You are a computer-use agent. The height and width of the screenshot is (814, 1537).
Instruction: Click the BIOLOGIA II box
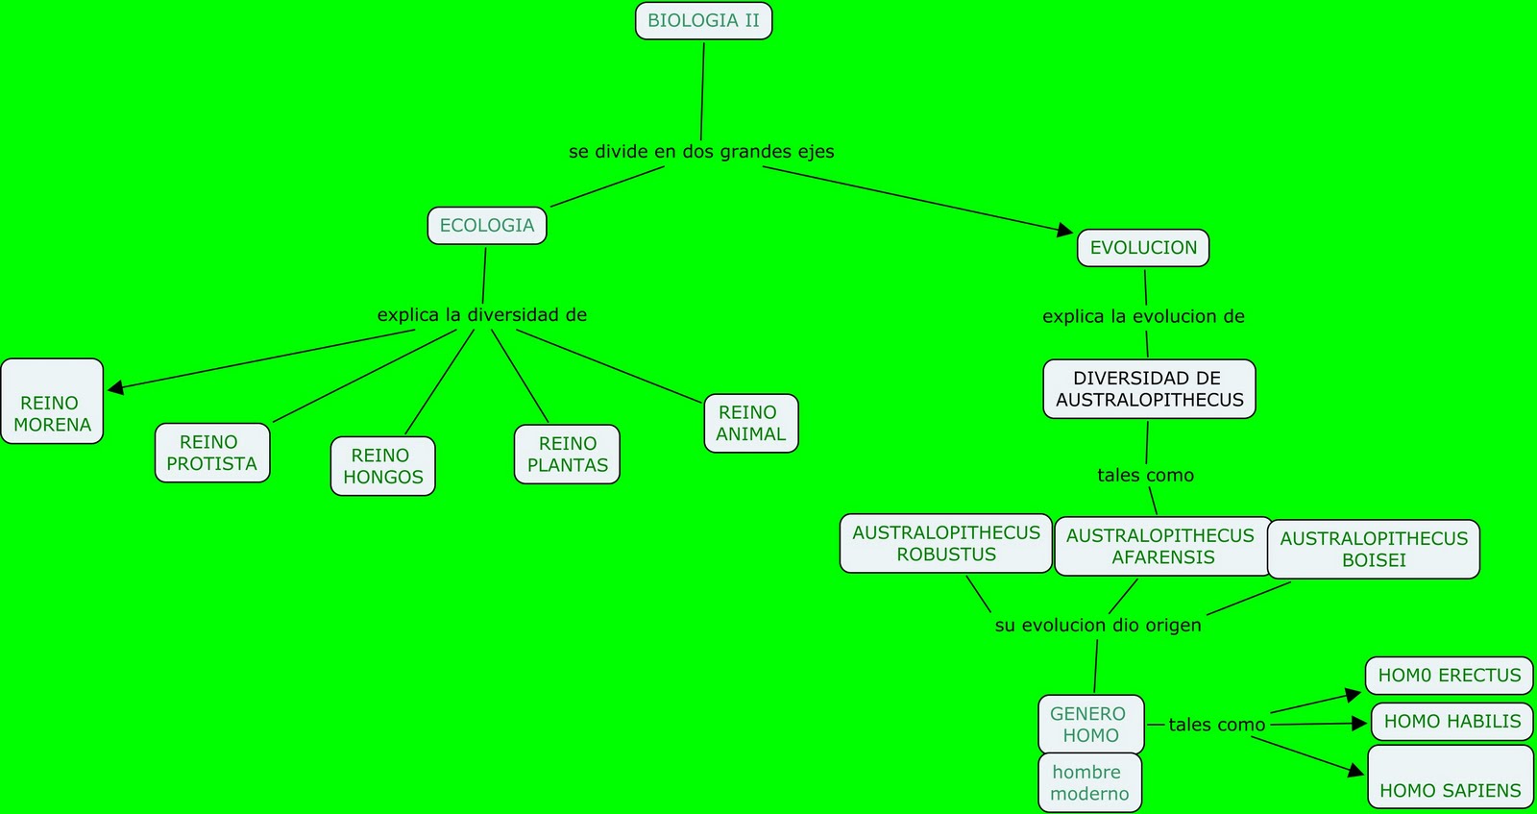point(703,21)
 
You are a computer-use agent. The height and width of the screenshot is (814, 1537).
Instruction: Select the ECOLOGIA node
point(487,226)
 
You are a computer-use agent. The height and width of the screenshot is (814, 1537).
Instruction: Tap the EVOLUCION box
point(1143,248)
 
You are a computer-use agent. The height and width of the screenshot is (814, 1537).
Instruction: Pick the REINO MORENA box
point(52,402)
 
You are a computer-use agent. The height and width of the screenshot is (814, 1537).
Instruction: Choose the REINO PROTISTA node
point(212,453)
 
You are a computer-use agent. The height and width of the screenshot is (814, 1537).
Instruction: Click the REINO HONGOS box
point(382,466)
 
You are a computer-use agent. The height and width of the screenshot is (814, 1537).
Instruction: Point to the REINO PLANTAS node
point(567,455)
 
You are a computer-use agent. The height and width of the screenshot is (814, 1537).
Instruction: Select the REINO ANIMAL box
point(751,423)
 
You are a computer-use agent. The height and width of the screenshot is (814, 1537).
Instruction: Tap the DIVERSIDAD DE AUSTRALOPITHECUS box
point(1149,389)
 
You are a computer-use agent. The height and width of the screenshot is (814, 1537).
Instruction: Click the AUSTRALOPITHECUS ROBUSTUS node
point(945,544)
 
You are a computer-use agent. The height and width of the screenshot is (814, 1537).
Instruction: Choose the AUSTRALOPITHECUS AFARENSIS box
point(1160,547)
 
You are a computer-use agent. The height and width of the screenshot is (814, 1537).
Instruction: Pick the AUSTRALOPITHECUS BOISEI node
point(1374,550)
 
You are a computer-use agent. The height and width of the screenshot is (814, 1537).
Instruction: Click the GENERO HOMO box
point(1090,725)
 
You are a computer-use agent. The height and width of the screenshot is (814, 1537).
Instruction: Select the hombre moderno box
point(1089,782)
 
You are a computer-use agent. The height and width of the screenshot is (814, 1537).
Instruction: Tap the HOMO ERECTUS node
point(1450,676)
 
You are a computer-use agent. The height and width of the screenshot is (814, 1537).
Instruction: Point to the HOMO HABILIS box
point(1452,722)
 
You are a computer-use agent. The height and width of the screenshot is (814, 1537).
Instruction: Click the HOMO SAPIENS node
point(1451,777)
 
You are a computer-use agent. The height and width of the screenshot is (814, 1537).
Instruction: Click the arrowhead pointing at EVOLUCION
point(1065,230)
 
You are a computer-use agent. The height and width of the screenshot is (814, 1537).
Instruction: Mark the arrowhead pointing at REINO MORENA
point(116,387)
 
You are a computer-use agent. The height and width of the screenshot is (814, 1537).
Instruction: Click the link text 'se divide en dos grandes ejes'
point(701,152)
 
